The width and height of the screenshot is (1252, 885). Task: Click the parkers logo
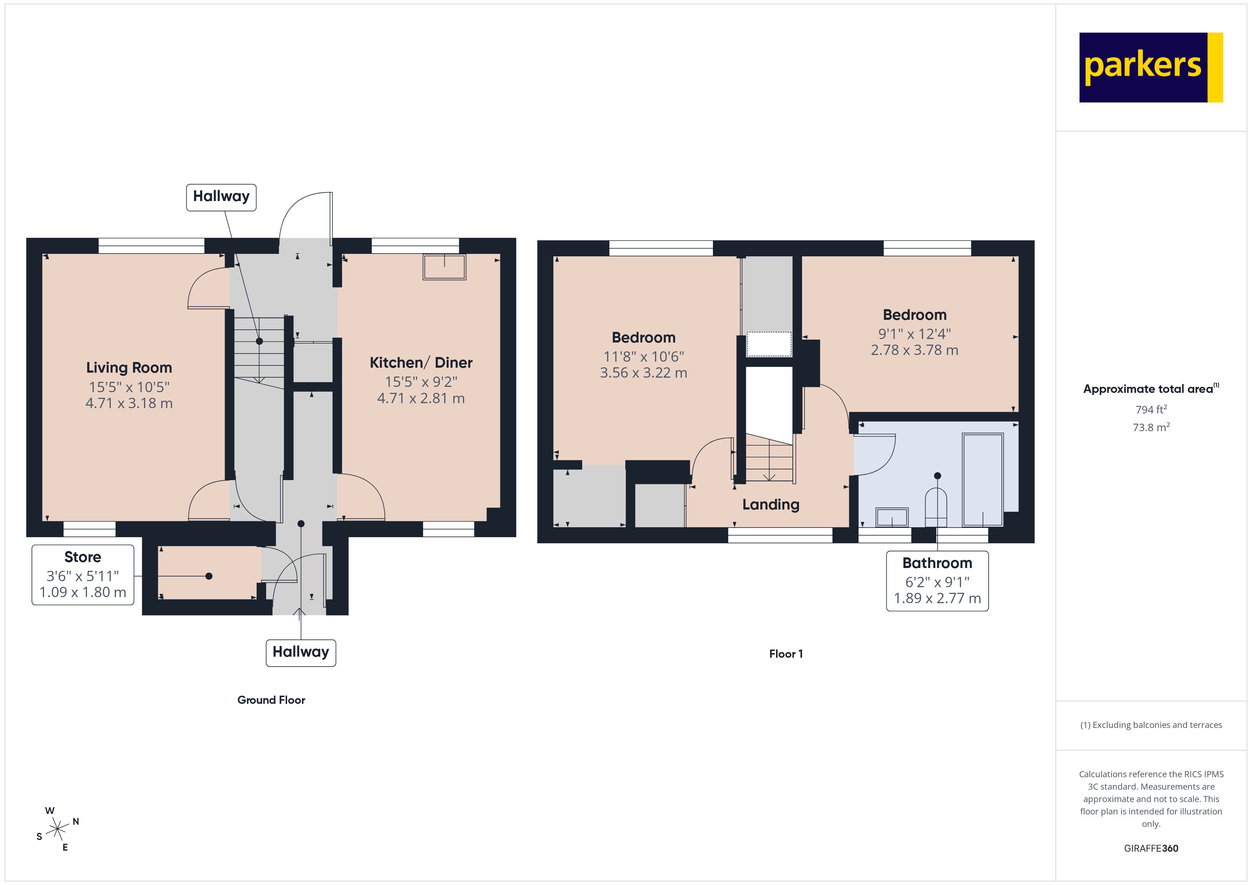tap(1151, 68)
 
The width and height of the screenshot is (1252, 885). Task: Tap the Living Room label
tap(129, 368)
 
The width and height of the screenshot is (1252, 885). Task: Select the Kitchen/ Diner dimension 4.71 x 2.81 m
tap(421, 399)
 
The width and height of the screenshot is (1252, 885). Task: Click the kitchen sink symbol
tap(444, 267)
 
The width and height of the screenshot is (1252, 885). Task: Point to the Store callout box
tap(83, 574)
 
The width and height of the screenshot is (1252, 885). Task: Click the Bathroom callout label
tap(937, 563)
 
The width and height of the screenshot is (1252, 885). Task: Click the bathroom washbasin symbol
tap(891, 517)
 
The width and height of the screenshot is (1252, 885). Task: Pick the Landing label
tap(770, 505)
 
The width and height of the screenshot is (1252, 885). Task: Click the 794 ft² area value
tap(1151, 409)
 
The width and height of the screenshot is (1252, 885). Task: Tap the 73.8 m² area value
tap(1151, 427)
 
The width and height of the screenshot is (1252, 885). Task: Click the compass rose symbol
tap(57, 829)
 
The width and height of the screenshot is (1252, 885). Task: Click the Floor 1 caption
tap(785, 654)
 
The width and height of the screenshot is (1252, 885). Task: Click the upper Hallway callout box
tap(221, 197)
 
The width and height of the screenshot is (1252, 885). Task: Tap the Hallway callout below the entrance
tap(301, 652)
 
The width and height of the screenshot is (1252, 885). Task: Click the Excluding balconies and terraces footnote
tap(1151, 725)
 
